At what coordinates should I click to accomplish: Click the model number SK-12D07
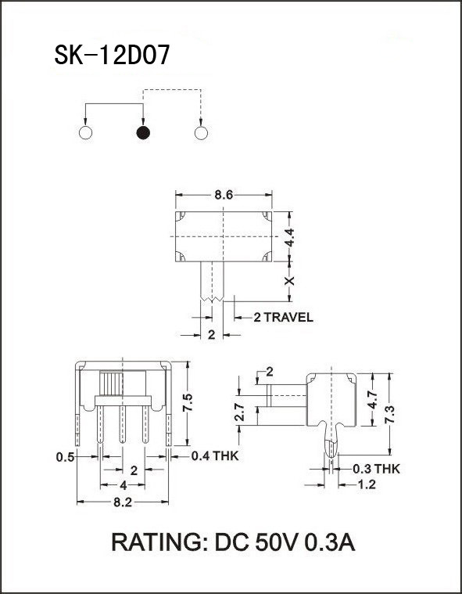110,56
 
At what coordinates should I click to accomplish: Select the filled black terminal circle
143,132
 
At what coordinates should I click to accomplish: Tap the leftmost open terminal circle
86,132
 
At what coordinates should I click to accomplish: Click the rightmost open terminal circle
201,132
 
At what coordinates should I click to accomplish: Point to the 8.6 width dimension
224,195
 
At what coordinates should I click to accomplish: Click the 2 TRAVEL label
283,317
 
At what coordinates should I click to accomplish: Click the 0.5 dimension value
65,456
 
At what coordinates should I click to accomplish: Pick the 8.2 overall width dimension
122,503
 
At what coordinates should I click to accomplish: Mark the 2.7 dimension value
241,412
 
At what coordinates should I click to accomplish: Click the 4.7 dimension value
374,399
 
